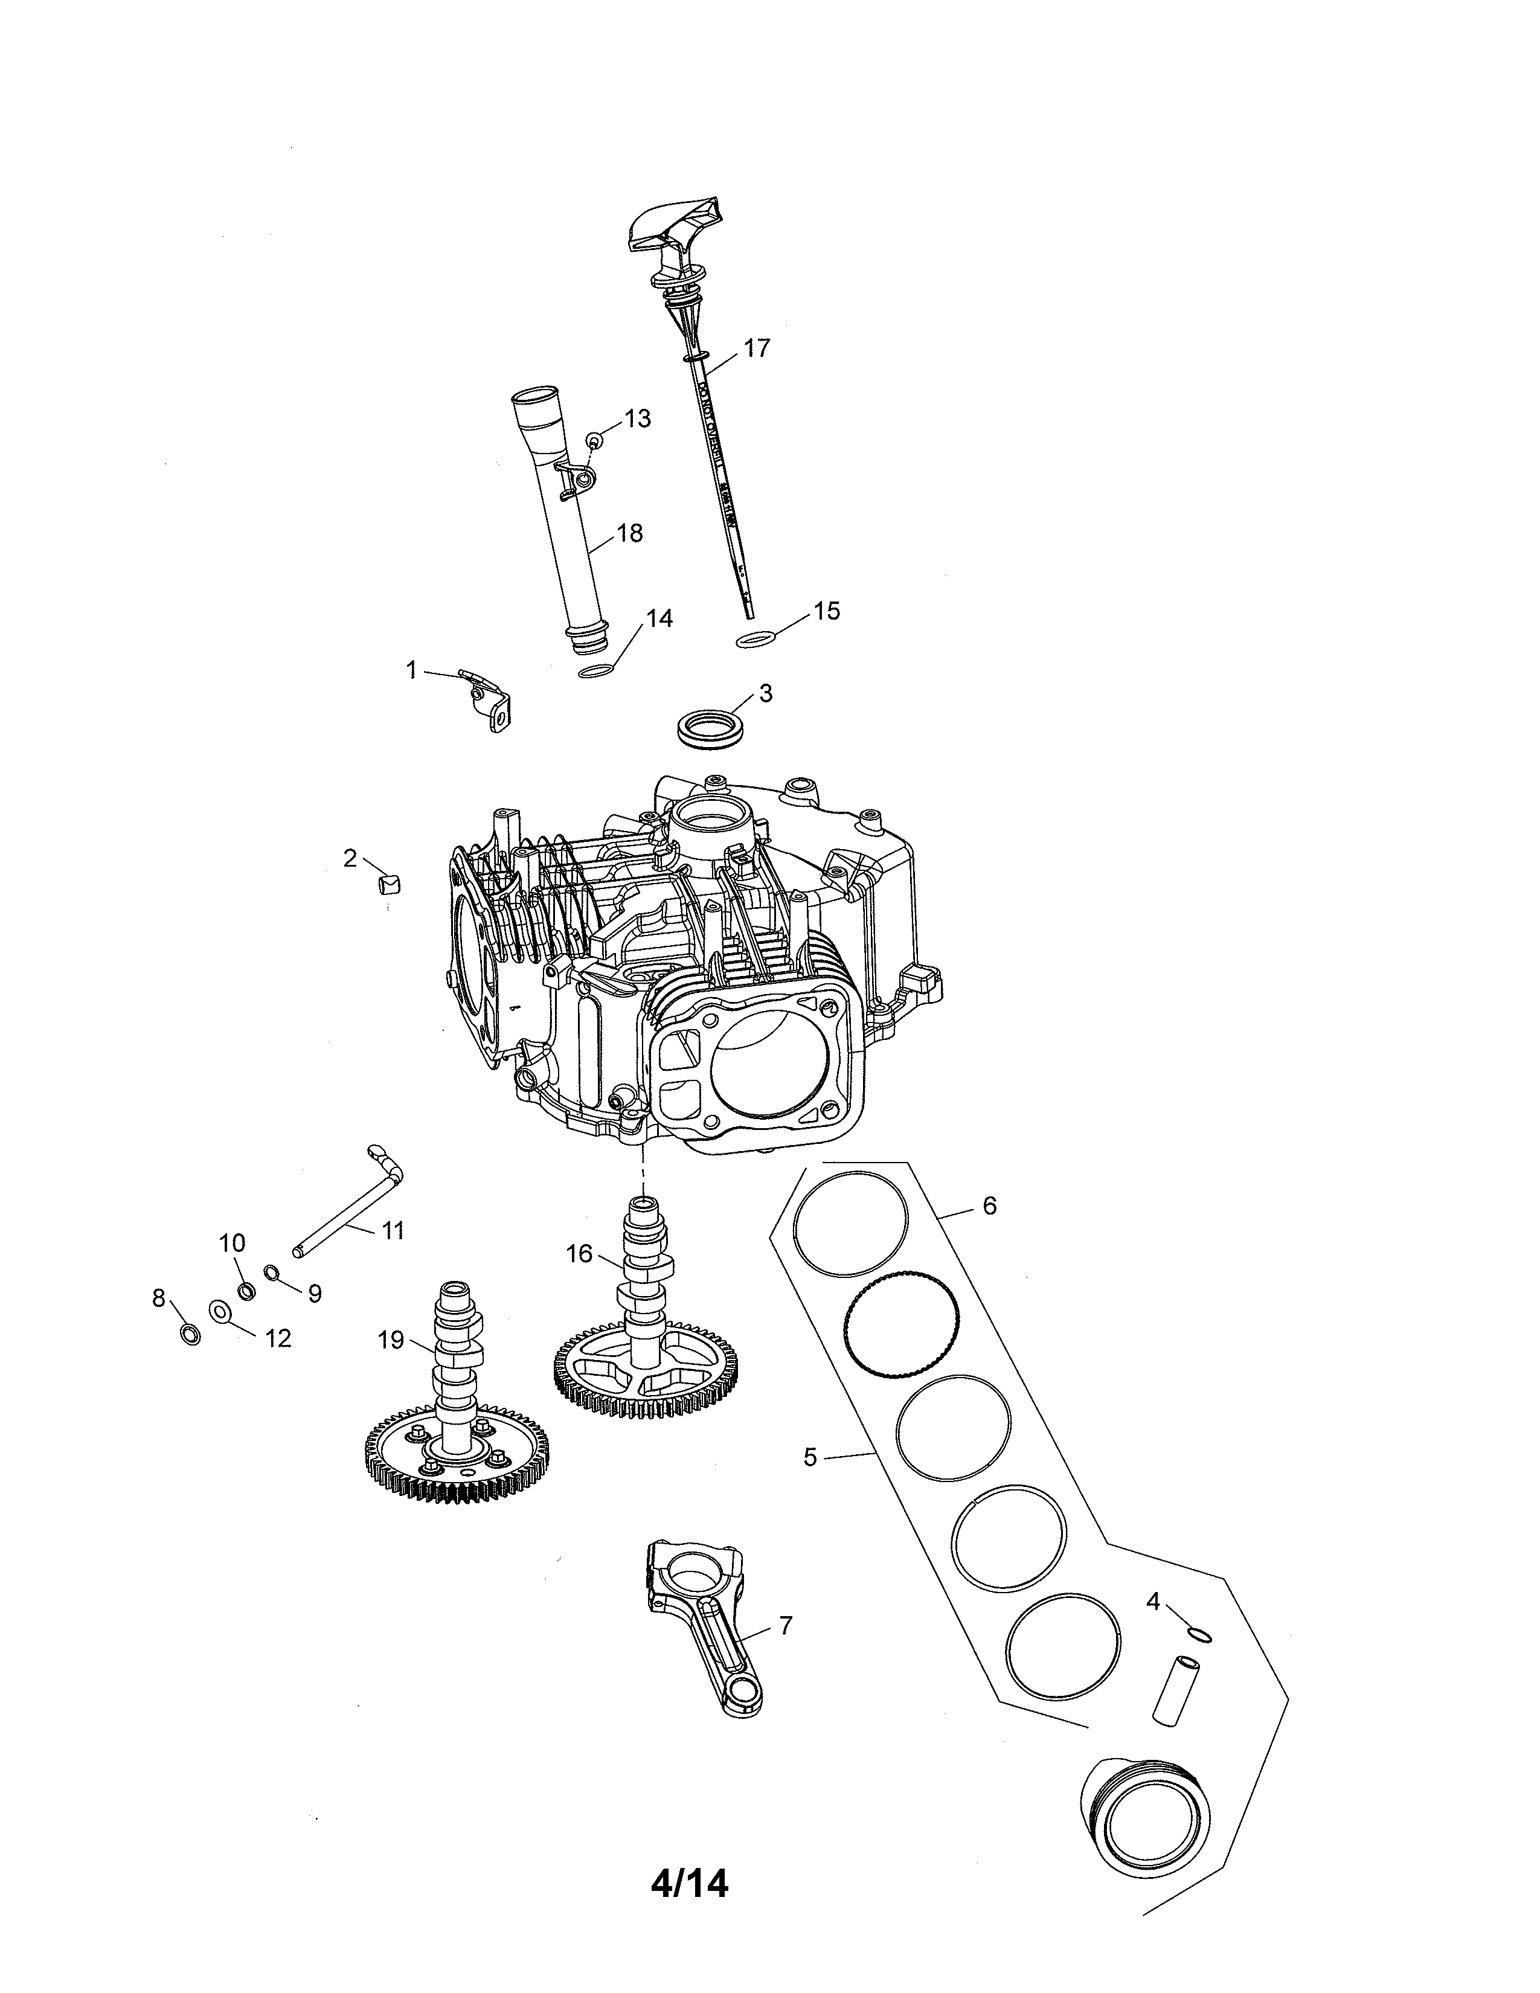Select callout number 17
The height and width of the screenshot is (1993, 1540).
pyautogui.click(x=756, y=348)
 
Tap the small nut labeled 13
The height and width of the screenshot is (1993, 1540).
pyautogui.click(x=593, y=441)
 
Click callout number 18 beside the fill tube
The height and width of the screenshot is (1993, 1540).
pyautogui.click(x=629, y=533)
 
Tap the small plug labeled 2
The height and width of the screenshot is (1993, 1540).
pyautogui.click(x=389, y=884)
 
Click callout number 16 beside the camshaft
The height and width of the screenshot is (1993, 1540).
pyautogui.click(x=579, y=1254)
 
